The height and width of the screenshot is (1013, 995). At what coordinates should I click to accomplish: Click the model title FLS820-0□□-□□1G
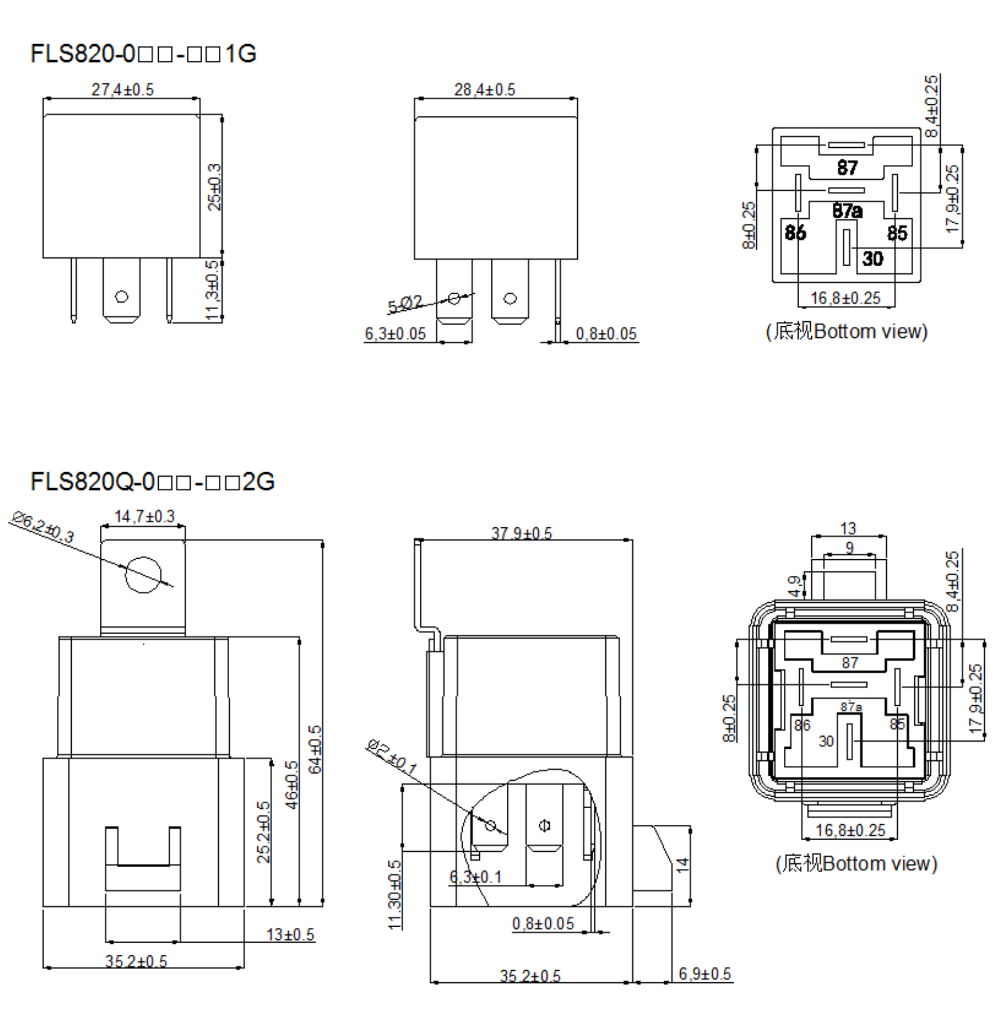(143, 53)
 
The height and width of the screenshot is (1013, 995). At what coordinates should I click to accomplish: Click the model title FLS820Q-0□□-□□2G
(152, 481)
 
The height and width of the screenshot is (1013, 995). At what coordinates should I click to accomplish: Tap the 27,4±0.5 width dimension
(122, 90)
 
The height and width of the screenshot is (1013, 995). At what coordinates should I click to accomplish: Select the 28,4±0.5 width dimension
(484, 90)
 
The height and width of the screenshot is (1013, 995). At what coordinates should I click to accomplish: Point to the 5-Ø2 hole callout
(405, 304)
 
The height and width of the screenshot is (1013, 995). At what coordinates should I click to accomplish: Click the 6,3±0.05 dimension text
(395, 334)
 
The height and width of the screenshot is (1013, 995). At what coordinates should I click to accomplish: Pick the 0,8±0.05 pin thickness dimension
(606, 334)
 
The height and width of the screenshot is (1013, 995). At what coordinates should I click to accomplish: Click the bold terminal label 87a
(847, 211)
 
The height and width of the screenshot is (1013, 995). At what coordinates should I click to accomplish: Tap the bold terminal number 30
(872, 259)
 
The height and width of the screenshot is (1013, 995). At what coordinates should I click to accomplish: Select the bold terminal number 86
(795, 232)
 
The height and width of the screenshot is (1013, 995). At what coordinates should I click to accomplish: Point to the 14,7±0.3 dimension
(144, 516)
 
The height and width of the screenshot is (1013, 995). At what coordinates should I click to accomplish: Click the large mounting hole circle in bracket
(143, 575)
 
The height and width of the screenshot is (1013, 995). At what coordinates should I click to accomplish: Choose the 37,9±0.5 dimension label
(521, 533)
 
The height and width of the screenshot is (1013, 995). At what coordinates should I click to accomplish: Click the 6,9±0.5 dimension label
(704, 974)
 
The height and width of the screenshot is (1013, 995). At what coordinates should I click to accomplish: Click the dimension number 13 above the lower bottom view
(848, 529)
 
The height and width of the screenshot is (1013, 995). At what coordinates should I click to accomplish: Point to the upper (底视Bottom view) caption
(847, 331)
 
